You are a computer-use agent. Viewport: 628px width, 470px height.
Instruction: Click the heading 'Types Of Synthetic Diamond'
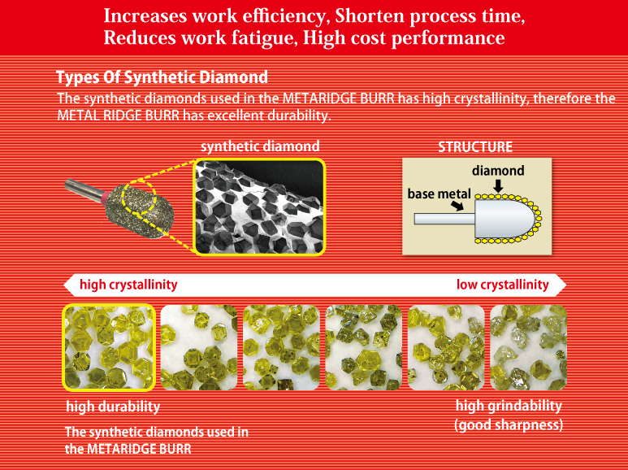[x=162, y=77]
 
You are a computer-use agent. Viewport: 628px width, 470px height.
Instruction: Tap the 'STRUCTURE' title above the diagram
[x=475, y=147]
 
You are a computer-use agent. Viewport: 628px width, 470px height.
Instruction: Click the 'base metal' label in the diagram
[x=439, y=194]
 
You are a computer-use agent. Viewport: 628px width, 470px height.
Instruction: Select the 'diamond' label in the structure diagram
[x=498, y=171]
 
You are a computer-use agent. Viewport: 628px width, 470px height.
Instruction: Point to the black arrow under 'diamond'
[x=498, y=185]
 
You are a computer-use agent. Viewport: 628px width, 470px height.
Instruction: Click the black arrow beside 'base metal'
[x=457, y=206]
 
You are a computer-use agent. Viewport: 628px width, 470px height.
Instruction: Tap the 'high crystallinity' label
[x=128, y=285]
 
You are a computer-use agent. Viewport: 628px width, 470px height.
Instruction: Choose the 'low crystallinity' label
[x=503, y=285]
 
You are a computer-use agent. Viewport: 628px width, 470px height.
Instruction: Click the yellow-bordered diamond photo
[x=109, y=347]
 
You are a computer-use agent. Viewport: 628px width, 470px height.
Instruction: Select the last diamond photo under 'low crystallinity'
[x=529, y=347]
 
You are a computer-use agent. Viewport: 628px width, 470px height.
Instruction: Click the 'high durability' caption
[x=113, y=407]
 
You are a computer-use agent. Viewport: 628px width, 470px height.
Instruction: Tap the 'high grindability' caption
[x=509, y=406]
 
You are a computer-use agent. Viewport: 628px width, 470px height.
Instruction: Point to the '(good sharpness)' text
[x=509, y=424]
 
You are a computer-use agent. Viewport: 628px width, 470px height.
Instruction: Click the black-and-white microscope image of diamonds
[x=259, y=207]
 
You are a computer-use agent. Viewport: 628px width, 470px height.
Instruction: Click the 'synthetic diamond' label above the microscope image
[x=260, y=146]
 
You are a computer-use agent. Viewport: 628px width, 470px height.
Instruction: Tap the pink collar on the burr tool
[x=105, y=198]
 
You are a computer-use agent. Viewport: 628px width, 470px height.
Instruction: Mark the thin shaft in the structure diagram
[x=445, y=219]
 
